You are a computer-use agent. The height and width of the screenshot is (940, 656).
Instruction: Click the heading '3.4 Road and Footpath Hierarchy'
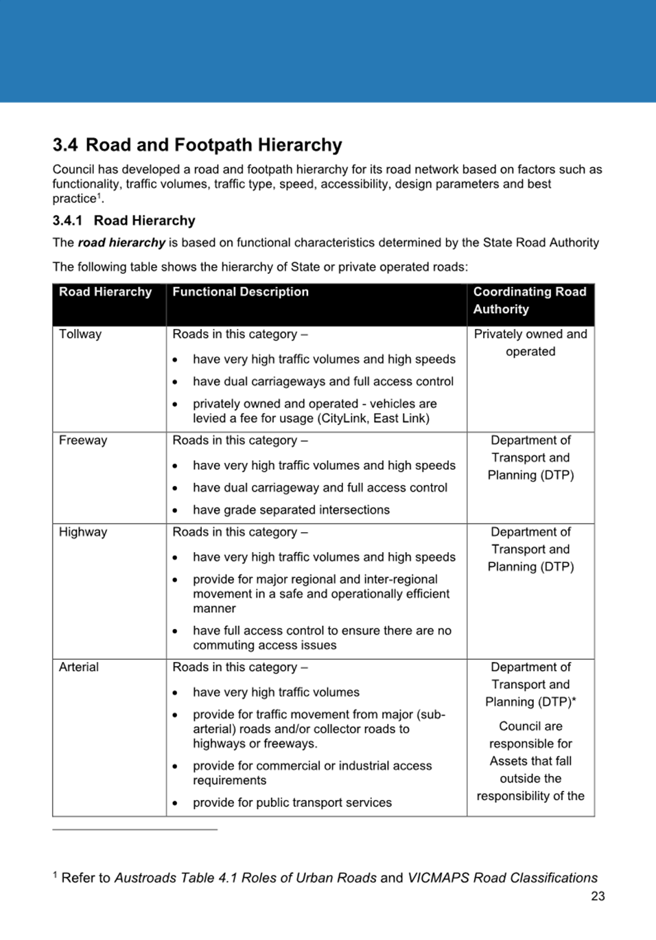(x=197, y=145)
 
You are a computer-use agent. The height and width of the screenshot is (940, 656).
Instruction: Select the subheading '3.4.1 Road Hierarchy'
(x=124, y=220)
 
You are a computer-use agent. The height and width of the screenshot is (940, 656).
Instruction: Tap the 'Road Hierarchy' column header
(x=105, y=292)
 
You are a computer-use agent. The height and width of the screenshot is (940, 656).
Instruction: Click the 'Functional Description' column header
(x=240, y=292)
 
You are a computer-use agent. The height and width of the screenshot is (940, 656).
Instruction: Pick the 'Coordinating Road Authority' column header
(x=530, y=300)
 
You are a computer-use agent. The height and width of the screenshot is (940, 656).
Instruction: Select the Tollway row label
(x=80, y=334)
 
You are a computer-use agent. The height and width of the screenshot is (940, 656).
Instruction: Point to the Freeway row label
(x=83, y=440)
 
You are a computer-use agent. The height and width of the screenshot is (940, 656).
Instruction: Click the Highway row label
(x=83, y=532)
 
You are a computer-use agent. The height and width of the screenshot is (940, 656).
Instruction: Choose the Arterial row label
(x=79, y=667)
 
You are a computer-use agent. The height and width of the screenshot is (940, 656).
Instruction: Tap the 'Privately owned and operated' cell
(x=530, y=343)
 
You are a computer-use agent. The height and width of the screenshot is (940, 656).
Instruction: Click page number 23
(x=598, y=896)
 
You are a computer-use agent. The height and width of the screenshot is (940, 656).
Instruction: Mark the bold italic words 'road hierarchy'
(x=121, y=242)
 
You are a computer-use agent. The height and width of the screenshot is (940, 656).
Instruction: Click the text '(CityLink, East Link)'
(x=371, y=418)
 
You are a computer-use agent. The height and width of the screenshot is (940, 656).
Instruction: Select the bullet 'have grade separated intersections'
(x=291, y=510)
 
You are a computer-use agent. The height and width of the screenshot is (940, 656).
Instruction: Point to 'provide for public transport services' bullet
(x=292, y=803)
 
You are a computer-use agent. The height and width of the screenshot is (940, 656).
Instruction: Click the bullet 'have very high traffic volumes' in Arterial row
(x=276, y=692)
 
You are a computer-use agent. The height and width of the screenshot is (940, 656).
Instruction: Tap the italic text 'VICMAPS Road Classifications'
(x=502, y=878)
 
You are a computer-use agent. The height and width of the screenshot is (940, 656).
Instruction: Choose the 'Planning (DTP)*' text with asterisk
(x=530, y=702)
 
